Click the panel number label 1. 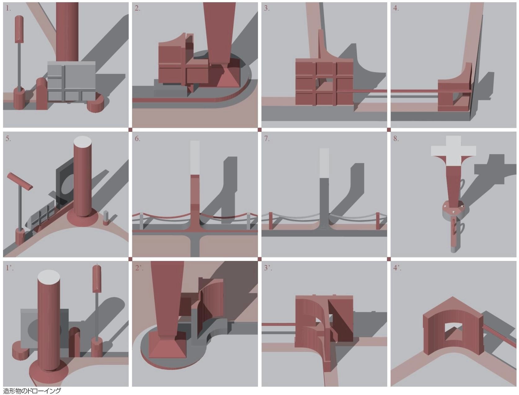[8, 8]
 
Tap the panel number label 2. [137, 8]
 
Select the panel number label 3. [267, 8]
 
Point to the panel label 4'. [397, 268]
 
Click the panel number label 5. [8, 139]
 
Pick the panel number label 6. [137, 139]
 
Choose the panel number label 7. [267, 139]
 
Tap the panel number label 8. [396, 139]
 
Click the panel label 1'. [10, 268]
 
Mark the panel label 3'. [268, 268]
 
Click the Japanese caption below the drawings [32, 391]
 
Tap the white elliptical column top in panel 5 [82, 142]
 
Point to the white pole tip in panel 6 [195, 158]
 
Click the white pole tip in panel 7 [324, 163]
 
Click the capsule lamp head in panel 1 [19, 29]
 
